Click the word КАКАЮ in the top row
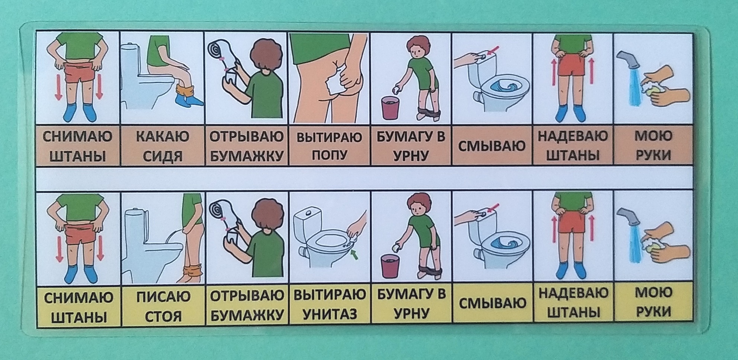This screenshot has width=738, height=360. [x=163, y=136]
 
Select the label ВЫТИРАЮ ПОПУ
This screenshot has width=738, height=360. [x=329, y=146]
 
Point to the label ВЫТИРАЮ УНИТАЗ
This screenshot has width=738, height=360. [x=330, y=305]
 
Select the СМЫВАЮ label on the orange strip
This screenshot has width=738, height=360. [x=491, y=146]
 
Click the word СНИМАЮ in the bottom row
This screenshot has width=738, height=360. [x=78, y=298]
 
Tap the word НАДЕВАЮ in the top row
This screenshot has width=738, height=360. [x=573, y=136]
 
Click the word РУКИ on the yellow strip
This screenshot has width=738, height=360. [x=654, y=312]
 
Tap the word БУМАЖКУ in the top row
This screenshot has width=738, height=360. [x=246, y=155]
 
